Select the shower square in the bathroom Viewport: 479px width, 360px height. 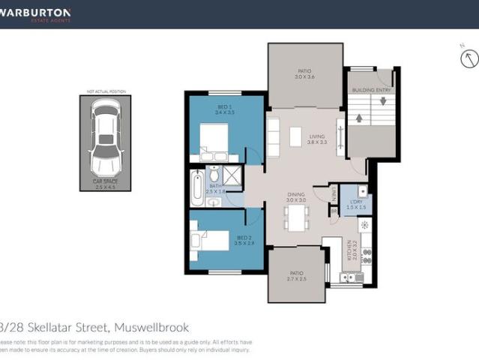232,176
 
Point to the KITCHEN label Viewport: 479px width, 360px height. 349,249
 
